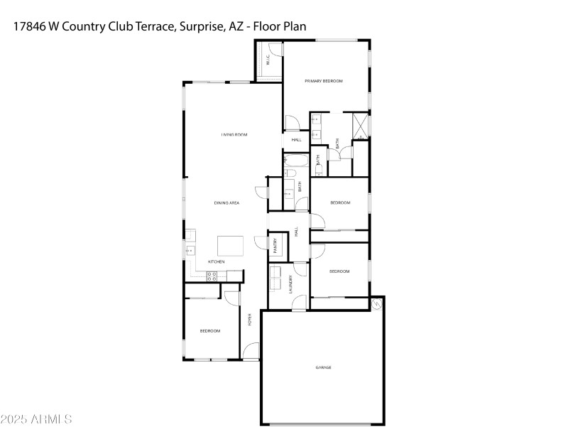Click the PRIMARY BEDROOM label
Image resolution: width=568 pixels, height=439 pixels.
324,81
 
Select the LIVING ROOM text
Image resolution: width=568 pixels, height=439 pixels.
234,134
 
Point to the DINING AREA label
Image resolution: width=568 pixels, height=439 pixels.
226,203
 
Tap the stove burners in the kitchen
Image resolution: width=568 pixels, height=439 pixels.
212,276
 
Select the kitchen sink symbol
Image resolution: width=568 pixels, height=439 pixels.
190,250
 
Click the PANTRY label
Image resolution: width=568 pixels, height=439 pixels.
275,245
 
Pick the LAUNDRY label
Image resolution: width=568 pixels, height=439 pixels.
290,283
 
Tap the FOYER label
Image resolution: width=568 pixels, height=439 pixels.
249,320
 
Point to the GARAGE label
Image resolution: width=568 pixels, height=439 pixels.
323,367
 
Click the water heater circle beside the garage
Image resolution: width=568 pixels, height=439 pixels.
376,304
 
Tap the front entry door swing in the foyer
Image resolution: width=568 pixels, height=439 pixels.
251,352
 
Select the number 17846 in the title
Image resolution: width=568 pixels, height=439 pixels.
29,26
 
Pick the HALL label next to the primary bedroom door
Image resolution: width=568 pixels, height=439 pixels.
296,139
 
